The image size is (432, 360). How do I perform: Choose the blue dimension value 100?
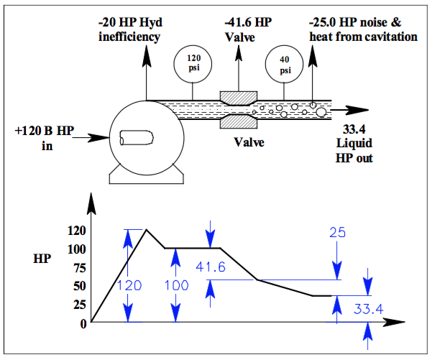175,285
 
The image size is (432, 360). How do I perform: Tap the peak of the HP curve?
146,230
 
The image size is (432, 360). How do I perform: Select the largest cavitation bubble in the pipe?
320,111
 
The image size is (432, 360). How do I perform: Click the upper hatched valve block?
239,96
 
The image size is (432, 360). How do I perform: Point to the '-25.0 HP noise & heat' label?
364,29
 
